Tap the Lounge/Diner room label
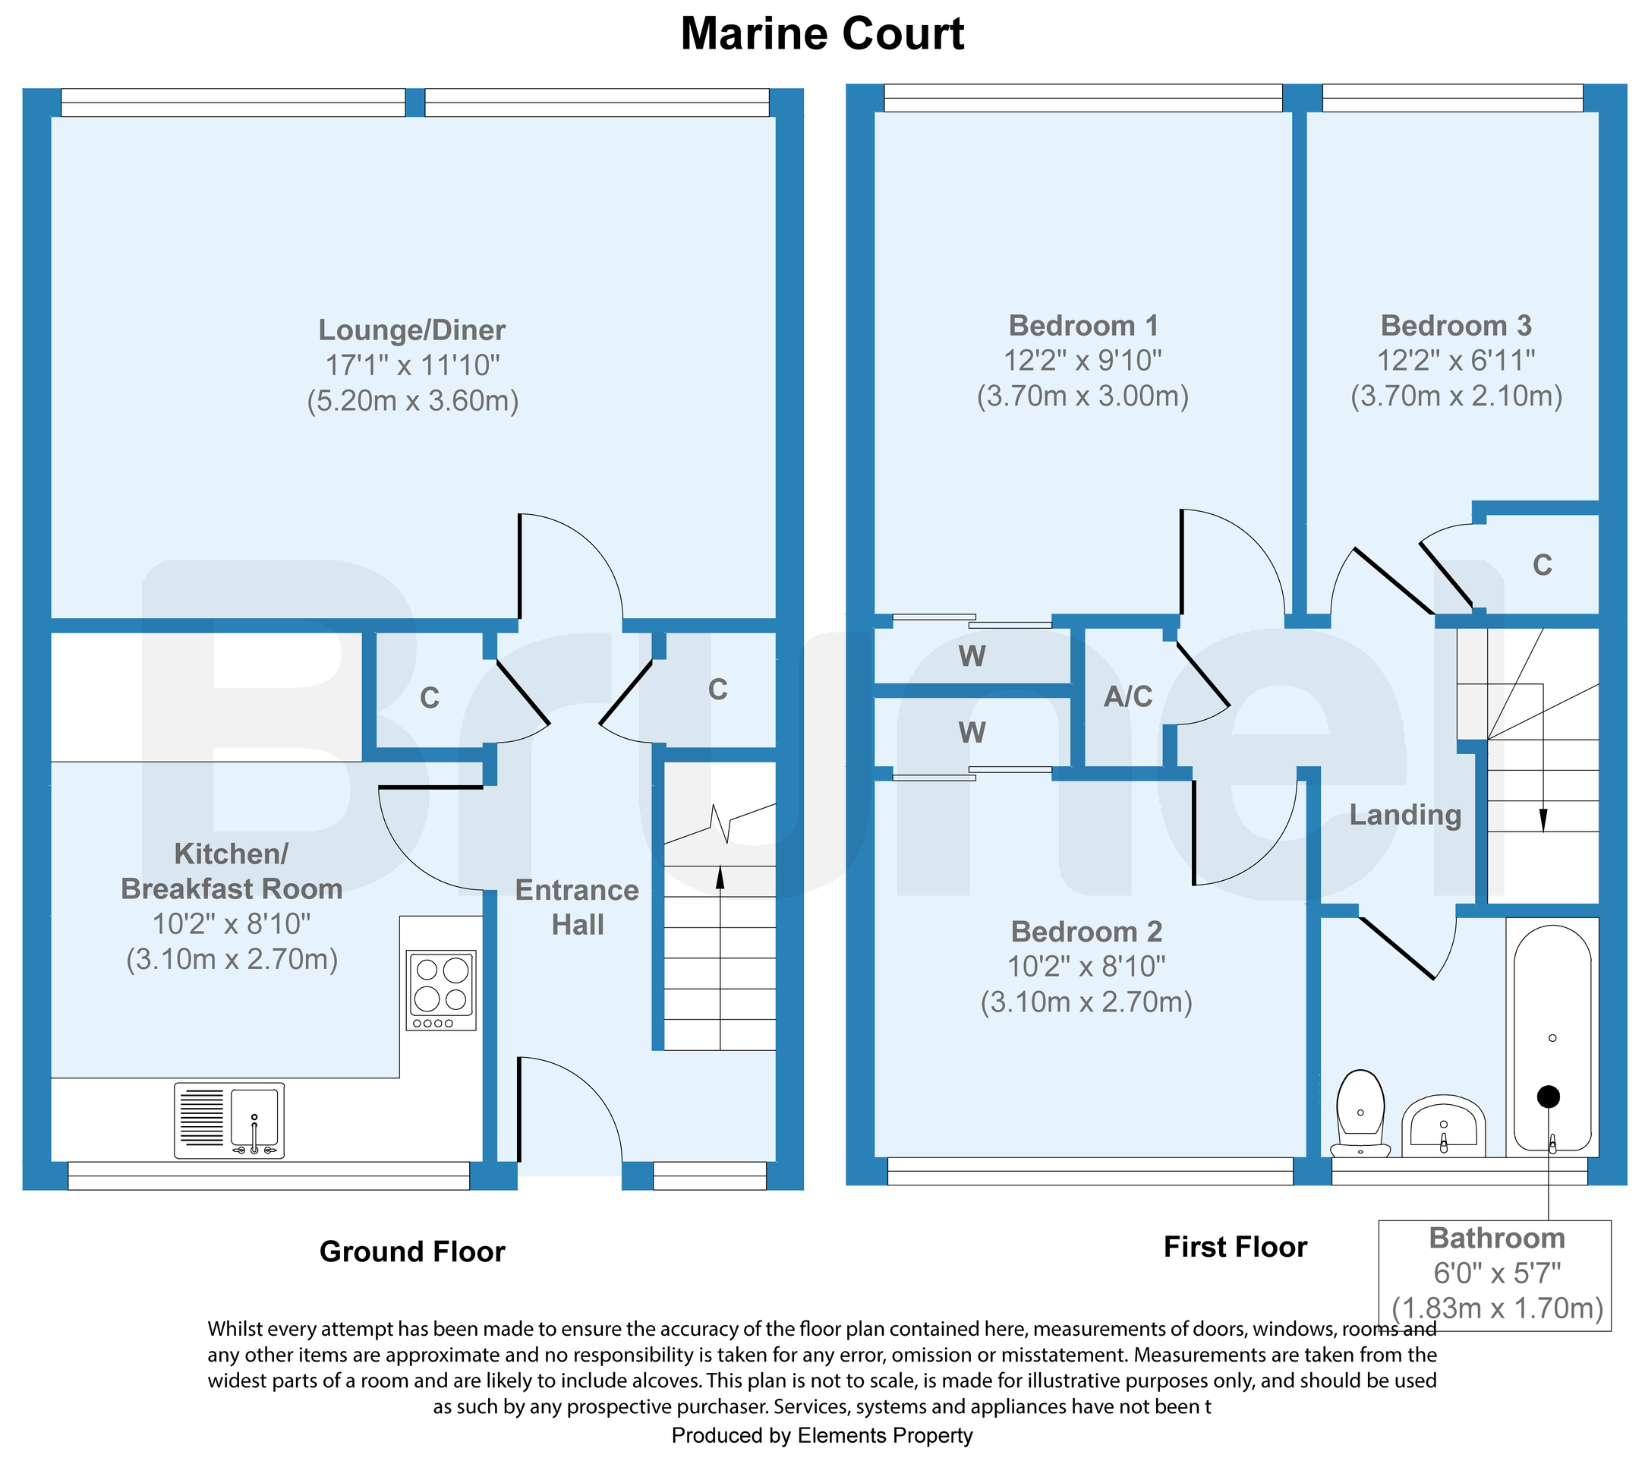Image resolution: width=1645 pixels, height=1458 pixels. (412, 330)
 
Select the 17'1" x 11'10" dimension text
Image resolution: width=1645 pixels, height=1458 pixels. (412, 365)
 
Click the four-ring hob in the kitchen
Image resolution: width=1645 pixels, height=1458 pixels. (441, 989)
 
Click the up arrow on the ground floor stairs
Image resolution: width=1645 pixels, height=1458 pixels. (720, 878)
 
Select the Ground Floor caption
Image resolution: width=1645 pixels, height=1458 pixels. (412, 1252)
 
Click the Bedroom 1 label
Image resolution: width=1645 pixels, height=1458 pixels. (1083, 326)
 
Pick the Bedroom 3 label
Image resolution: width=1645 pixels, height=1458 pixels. (1456, 326)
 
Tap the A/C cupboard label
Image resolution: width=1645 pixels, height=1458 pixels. (1127, 696)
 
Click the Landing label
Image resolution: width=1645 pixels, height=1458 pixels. (1405, 815)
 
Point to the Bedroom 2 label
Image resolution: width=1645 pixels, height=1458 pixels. (1086, 932)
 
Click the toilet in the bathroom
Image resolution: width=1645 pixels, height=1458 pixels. (1360, 1111)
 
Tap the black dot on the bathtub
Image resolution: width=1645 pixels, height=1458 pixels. (1549, 1097)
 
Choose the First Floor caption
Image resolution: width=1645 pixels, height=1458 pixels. (1235, 1247)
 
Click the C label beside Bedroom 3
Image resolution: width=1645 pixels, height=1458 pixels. (1542, 565)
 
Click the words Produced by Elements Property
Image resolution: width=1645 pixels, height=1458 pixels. (821, 1435)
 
